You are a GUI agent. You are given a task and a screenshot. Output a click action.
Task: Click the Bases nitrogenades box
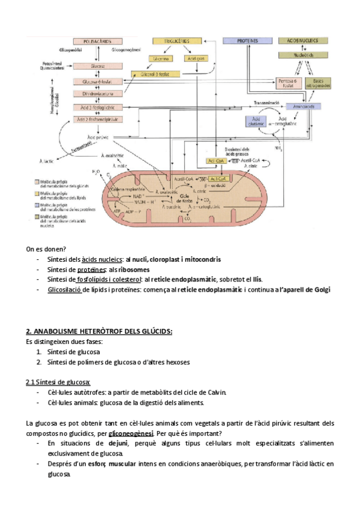(319, 83)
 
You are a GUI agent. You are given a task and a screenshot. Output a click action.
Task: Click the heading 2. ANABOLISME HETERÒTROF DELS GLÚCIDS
(99, 331)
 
